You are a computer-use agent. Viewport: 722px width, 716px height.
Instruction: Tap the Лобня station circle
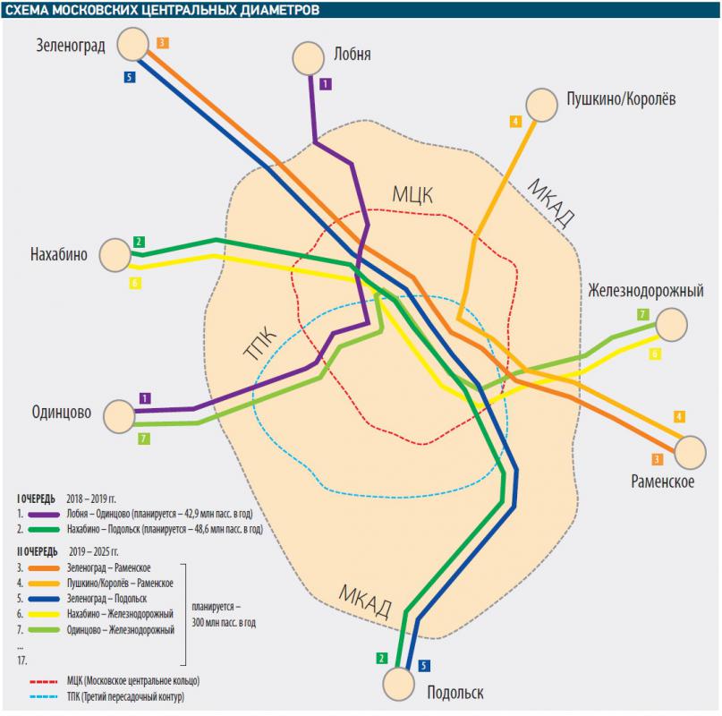click(x=310, y=59)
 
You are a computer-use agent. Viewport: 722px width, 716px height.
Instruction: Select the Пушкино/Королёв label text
click(x=614, y=100)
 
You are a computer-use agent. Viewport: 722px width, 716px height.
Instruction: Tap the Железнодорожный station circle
click(x=670, y=323)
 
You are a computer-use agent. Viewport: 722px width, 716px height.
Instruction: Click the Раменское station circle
click(x=690, y=452)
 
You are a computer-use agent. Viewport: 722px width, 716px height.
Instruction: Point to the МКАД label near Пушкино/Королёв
click(x=550, y=203)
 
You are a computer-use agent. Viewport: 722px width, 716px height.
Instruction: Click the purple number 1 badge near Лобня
click(x=325, y=84)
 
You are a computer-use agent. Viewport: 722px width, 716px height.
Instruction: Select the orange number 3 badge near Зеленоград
click(x=162, y=42)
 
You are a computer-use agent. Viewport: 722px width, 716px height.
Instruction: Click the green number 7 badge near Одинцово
click(x=143, y=439)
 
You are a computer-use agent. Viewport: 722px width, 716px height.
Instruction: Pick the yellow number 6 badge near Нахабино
click(x=134, y=283)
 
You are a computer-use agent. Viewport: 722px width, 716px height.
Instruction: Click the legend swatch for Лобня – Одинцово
click(x=45, y=516)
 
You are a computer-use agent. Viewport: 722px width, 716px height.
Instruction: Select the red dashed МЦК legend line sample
click(x=46, y=681)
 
